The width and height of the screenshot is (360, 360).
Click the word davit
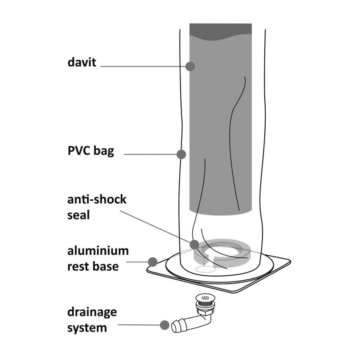(x=82, y=62)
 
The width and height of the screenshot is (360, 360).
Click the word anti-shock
(x=97, y=199)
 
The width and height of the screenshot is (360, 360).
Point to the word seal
(x=78, y=215)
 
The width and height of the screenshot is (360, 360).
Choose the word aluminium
(x=98, y=250)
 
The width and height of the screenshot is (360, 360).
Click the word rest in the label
(x=77, y=266)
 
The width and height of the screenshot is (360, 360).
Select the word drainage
(x=92, y=312)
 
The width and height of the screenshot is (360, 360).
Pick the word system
(x=87, y=328)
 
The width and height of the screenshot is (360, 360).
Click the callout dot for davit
(x=190, y=66)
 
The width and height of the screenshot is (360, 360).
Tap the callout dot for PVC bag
(x=181, y=154)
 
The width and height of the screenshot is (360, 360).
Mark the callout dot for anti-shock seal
(x=194, y=244)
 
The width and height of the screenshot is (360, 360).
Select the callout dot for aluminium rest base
(x=153, y=262)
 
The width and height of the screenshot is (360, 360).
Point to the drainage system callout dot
(x=165, y=325)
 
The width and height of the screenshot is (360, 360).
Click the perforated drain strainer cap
(x=205, y=298)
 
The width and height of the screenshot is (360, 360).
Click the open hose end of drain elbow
(x=176, y=326)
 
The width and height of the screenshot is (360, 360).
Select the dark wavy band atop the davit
(x=221, y=32)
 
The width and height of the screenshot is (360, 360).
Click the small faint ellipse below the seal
(x=206, y=270)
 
